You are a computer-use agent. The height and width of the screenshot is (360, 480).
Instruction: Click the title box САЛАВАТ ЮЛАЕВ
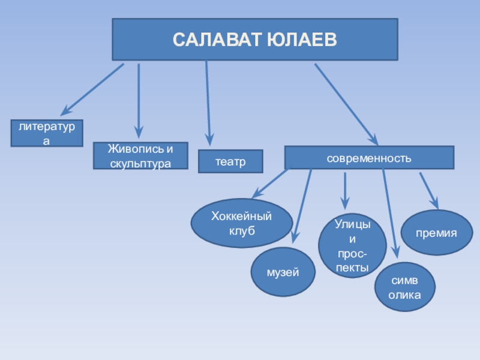(255, 39)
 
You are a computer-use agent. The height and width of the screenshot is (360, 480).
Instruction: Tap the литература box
(47, 133)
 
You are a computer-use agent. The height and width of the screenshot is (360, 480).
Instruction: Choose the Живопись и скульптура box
(140, 155)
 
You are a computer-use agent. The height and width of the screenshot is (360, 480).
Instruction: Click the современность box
(369, 158)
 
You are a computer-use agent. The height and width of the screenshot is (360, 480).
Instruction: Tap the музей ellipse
(283, 273)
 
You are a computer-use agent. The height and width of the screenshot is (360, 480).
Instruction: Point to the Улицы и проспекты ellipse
(352, 245)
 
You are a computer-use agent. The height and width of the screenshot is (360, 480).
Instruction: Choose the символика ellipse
(404, 287)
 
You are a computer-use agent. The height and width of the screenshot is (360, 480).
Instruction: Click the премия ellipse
(437, 232)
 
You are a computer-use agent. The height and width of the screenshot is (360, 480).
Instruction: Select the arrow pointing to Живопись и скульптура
(139, 99)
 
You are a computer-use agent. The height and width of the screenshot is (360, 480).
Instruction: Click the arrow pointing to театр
(208, 102)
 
